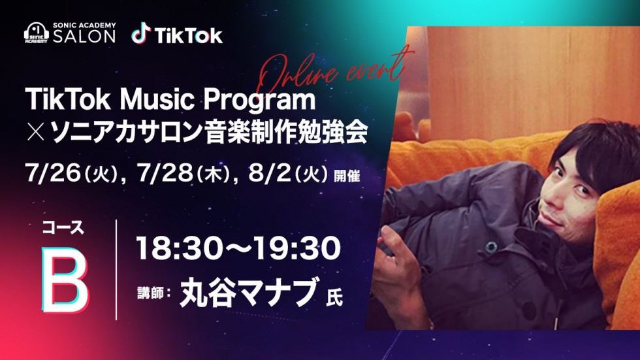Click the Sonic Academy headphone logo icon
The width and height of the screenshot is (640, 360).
pos(37,33)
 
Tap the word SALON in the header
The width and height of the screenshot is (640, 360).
pos(84,37)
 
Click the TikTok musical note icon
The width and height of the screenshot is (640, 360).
pos(141,33)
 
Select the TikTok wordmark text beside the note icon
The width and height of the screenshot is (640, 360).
pos(189,35)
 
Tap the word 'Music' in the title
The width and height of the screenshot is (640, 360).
pos(159,99)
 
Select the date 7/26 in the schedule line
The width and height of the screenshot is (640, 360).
pos(53,174)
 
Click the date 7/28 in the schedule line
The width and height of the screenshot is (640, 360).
pos(165,174)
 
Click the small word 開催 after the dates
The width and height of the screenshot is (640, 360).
pos(347,176)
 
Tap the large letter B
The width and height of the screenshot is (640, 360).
pos(65,279)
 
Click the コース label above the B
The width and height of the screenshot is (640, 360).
pos(63,228)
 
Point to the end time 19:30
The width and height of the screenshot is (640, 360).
pos(296,248)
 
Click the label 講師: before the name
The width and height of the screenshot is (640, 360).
pos(153,293)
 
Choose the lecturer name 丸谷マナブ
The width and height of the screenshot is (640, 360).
pos(249,292)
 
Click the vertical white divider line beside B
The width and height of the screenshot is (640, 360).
pos(117,270)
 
